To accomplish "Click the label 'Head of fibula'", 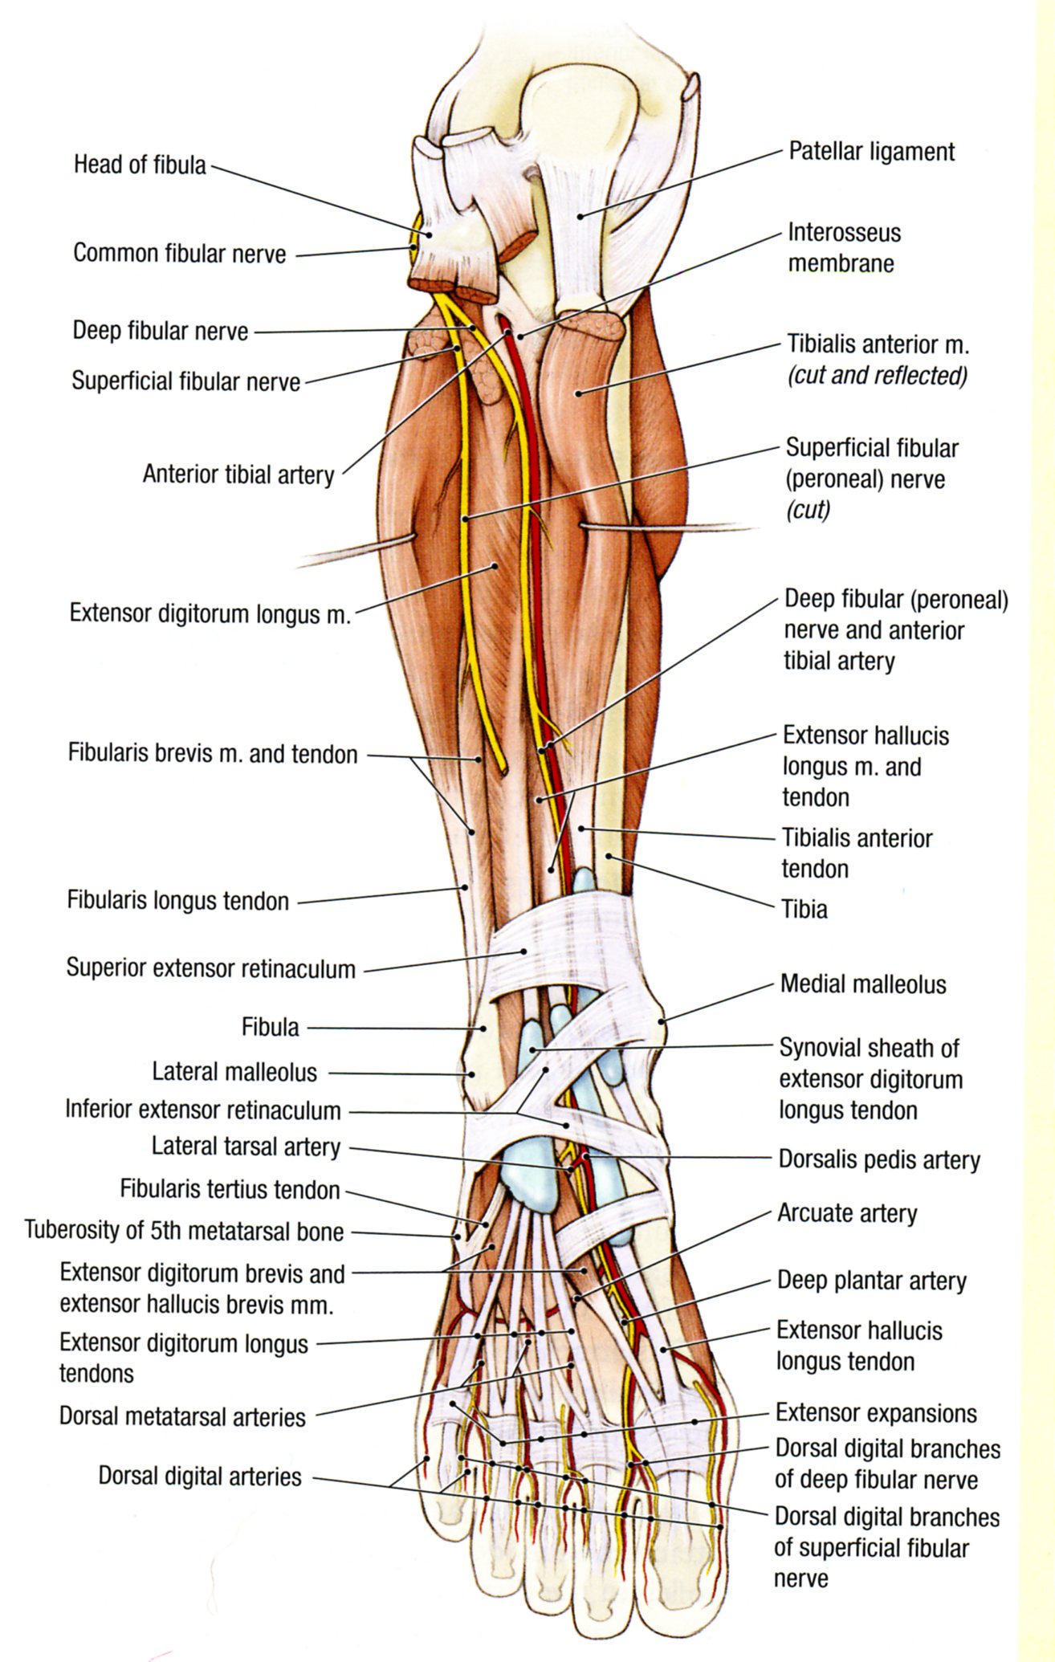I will point(140,165).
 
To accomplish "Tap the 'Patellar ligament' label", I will point(871,152).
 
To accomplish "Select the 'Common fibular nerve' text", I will point(179,254).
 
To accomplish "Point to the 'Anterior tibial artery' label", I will point(238,475).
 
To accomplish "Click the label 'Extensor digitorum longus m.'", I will point(210,614).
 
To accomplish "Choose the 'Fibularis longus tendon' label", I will point(177,901).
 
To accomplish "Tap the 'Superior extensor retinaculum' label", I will point(210,968).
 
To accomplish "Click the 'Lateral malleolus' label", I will point(234,1072).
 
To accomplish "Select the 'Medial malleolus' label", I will point(863,984).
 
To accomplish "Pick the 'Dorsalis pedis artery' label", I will point(879,1160).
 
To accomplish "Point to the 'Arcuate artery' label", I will point(846,1213).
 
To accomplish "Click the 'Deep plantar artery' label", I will point(871,1281).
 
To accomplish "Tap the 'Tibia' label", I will point(804,909).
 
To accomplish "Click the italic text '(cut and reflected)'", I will point(878,376).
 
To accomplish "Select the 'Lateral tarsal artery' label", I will point(246,1147).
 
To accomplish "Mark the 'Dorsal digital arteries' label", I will point(200,1477).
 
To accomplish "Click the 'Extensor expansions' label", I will point(876,1413).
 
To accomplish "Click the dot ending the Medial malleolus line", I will point(662,1021).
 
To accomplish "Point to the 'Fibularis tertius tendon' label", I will point(230,1189).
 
